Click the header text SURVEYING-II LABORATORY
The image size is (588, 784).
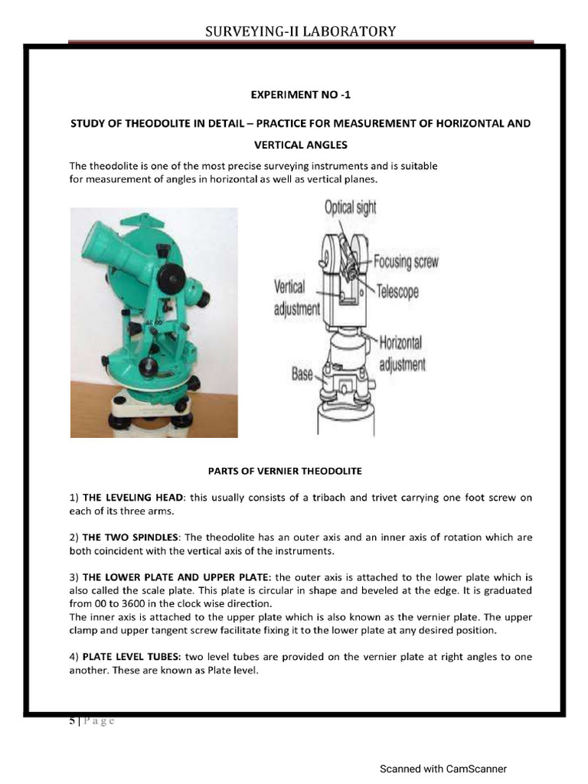301,31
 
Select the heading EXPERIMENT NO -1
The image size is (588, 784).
300,95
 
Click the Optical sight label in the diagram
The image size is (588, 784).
350,207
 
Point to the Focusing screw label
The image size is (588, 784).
406,262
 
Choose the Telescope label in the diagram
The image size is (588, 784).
397,292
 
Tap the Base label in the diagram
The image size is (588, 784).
302,374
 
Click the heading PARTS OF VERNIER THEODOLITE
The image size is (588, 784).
285,470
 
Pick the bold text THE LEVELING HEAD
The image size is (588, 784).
134,498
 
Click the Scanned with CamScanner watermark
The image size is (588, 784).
443,769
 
